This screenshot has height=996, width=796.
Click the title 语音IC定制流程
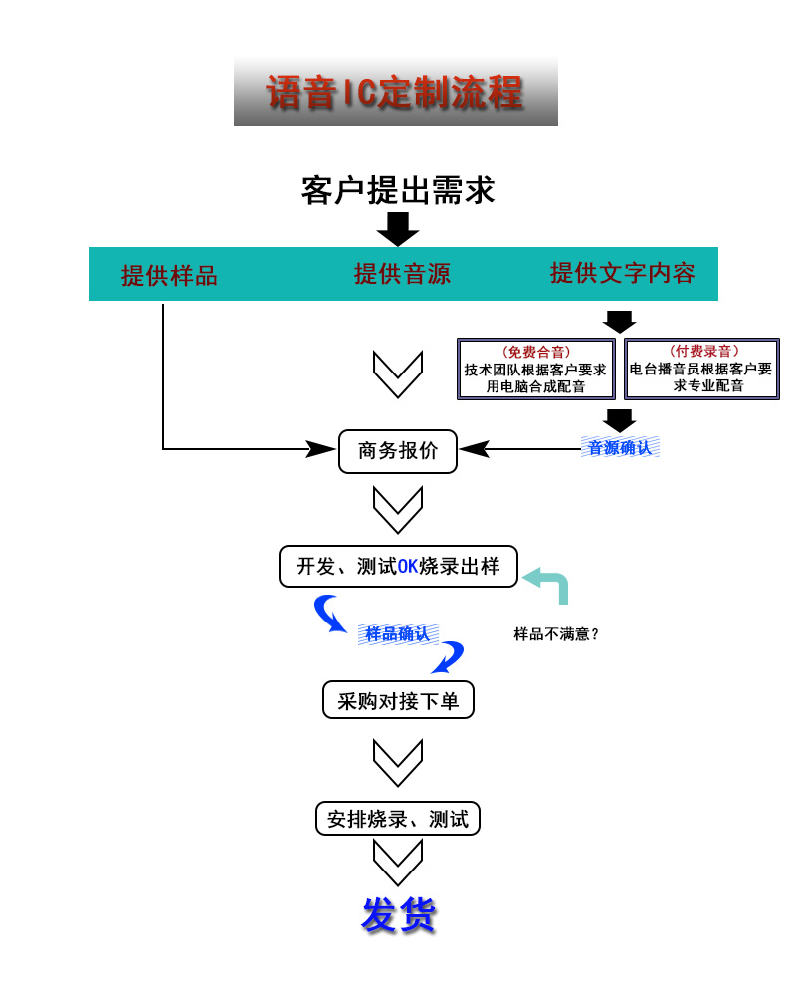395,92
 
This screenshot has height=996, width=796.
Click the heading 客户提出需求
398,189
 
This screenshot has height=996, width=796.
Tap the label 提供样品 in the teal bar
169,276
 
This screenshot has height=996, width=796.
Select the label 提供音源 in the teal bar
402,274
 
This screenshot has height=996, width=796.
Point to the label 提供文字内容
623,273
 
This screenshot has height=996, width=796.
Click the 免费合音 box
535,369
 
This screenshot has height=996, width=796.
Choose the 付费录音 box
701,369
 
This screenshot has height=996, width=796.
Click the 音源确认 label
620,447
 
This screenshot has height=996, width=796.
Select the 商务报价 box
398,451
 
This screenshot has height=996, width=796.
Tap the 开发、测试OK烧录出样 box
398,566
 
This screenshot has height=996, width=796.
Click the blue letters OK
408,567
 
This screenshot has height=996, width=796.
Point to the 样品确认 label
398,633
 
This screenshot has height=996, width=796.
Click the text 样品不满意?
556,633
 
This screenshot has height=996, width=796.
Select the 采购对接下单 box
398,700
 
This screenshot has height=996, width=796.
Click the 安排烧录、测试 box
398,819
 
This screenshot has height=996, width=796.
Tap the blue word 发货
398,914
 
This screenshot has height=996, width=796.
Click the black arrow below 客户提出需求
398,229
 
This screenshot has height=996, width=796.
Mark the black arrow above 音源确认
619,420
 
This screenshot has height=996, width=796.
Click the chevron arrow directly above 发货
398,862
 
